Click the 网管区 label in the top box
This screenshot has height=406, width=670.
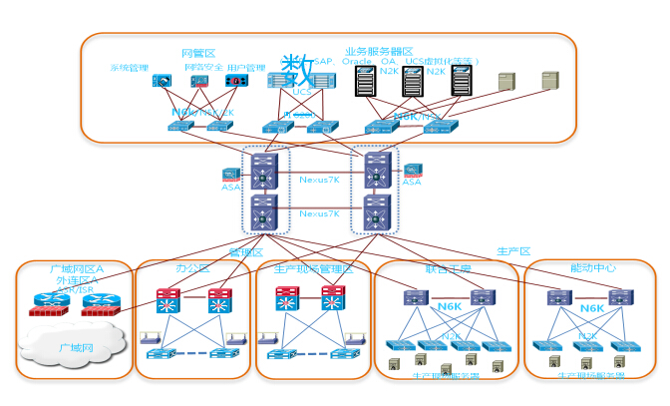click(192, 52)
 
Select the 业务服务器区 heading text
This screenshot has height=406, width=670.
click(379, 50)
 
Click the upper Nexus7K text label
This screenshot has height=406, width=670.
click(320, 181)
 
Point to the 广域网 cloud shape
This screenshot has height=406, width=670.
click(67, 345)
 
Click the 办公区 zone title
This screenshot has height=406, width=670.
click(191, 269)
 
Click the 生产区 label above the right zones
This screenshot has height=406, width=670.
click(512, 250)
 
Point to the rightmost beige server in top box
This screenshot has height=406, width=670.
click(549, 80)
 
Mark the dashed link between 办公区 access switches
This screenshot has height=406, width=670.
click(190, 354)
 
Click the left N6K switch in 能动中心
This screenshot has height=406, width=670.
click(557, 296)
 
